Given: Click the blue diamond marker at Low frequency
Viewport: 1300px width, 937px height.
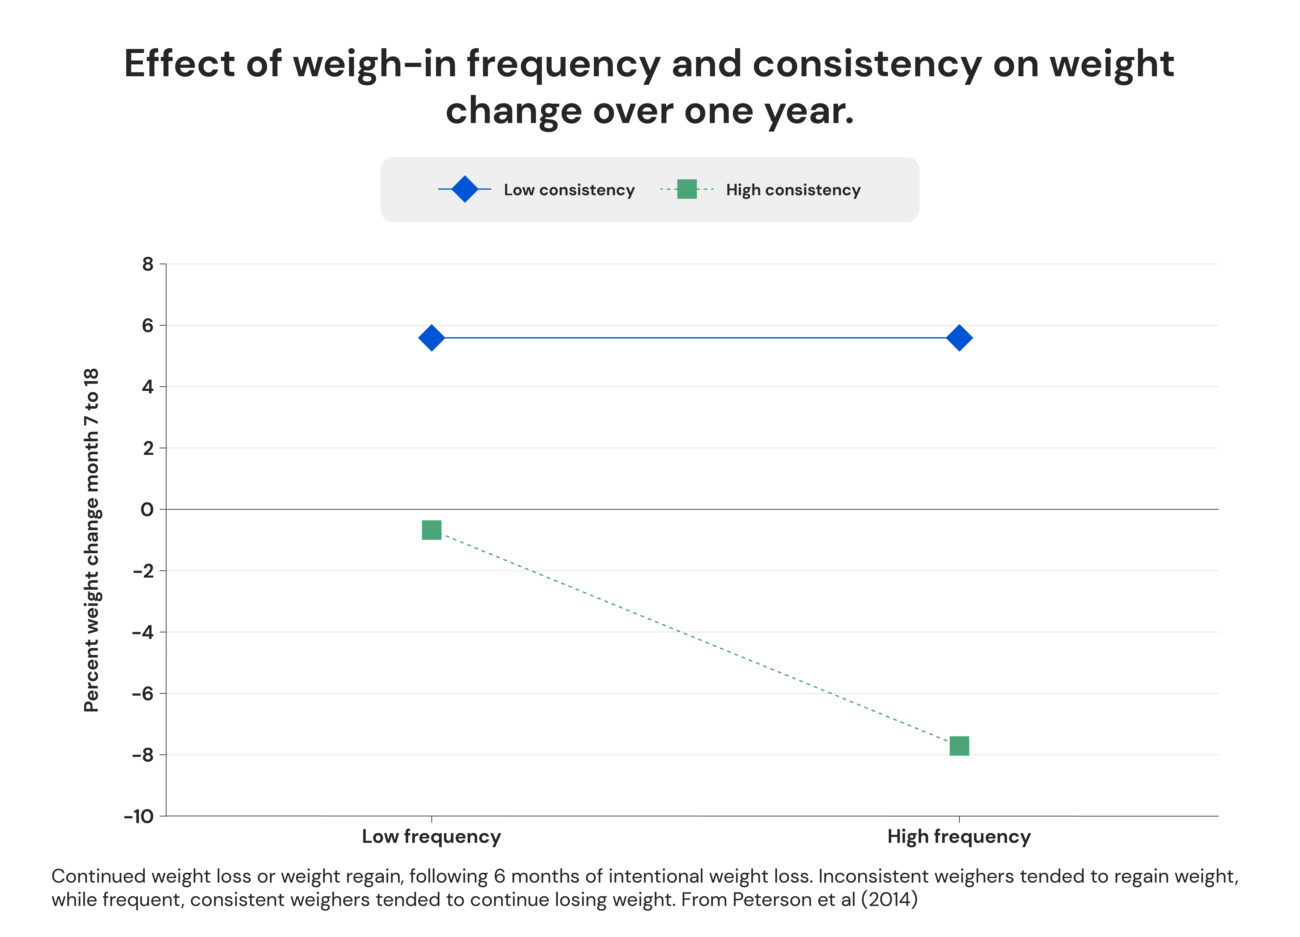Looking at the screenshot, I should click(432, 338).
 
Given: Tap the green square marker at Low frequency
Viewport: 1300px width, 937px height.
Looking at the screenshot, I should click(432, 530).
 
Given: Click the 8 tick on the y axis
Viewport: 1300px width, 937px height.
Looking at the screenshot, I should click(148, 264).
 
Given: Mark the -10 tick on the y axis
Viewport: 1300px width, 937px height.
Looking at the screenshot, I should click(139, 816).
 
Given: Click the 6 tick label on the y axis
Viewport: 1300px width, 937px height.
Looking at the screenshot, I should click(148, 326).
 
